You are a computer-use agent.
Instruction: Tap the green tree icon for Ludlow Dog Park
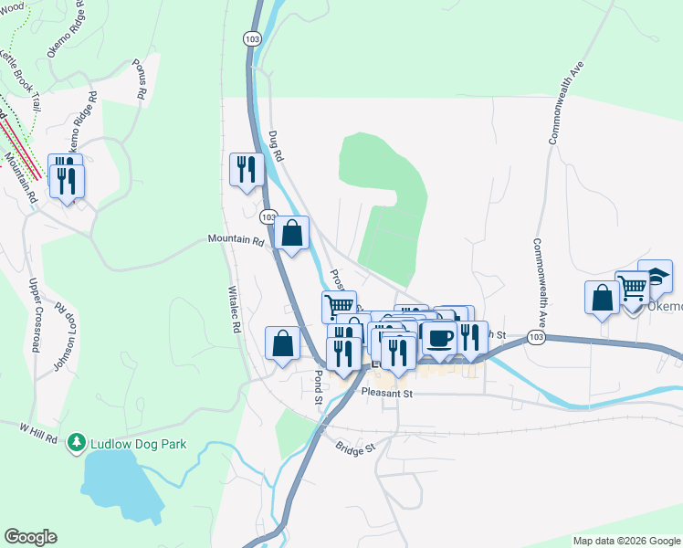[x=76, y=444]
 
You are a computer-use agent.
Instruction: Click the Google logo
[x=30, y=537]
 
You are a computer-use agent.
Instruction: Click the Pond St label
[x=317, y=387]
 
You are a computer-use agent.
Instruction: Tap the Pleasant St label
[x=387, y=394]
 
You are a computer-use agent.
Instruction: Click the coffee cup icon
[x=439, y=337]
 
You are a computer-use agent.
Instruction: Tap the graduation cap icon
[x=655, y=276]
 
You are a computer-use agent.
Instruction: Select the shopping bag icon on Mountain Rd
[x=291, y=234]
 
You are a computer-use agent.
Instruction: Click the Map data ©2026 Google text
[x=626, y=541]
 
